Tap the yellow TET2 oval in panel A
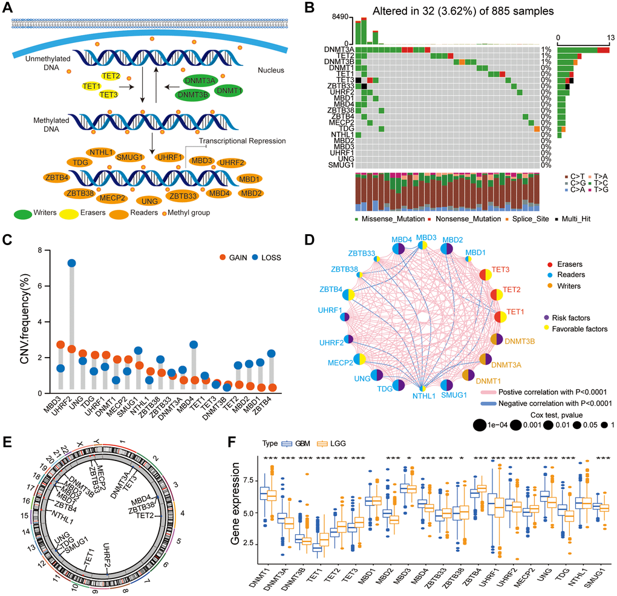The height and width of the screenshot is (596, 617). click(111, 76)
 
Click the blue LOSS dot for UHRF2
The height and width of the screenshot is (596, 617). click(72, 263)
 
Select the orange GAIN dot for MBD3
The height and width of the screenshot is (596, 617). click(60, 345)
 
